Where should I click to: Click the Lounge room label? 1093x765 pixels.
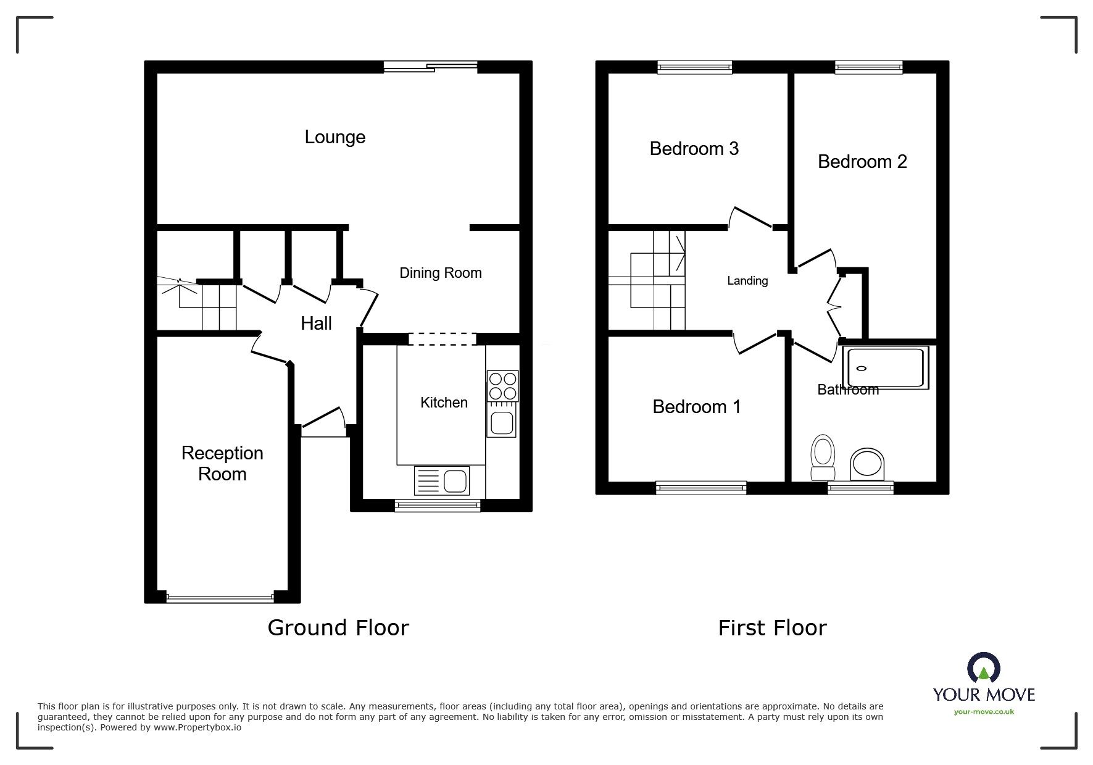coord(335,137)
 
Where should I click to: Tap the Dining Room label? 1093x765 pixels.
coord(440,273)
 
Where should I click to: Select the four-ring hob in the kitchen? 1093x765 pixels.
coord(502,385)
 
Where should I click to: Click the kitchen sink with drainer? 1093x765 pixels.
coord(441,481)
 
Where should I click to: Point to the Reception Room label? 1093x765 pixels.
coord(222,463)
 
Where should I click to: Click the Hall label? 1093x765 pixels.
coord(316,323)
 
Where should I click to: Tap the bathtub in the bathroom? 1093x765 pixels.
coord(886,368)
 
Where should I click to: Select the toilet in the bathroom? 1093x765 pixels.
coord(822,458)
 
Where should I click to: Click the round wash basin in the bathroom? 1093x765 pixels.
coord(867,464)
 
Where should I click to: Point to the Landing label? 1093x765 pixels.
coord(747,281)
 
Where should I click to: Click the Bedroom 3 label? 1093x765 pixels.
coord(694,149)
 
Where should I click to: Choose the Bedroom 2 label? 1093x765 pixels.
coord(862,162)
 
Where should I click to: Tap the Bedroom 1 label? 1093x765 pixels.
coord(696,407)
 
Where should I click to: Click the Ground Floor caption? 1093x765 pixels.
coord(338,628)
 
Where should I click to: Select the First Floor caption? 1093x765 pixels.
coord(772,628)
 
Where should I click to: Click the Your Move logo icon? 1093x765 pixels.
coord(983,668)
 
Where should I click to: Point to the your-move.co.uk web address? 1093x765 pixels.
coord(984,712)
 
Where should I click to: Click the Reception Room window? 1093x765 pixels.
coord(220,598)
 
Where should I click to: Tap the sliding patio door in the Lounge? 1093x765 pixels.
coord(430,67)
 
